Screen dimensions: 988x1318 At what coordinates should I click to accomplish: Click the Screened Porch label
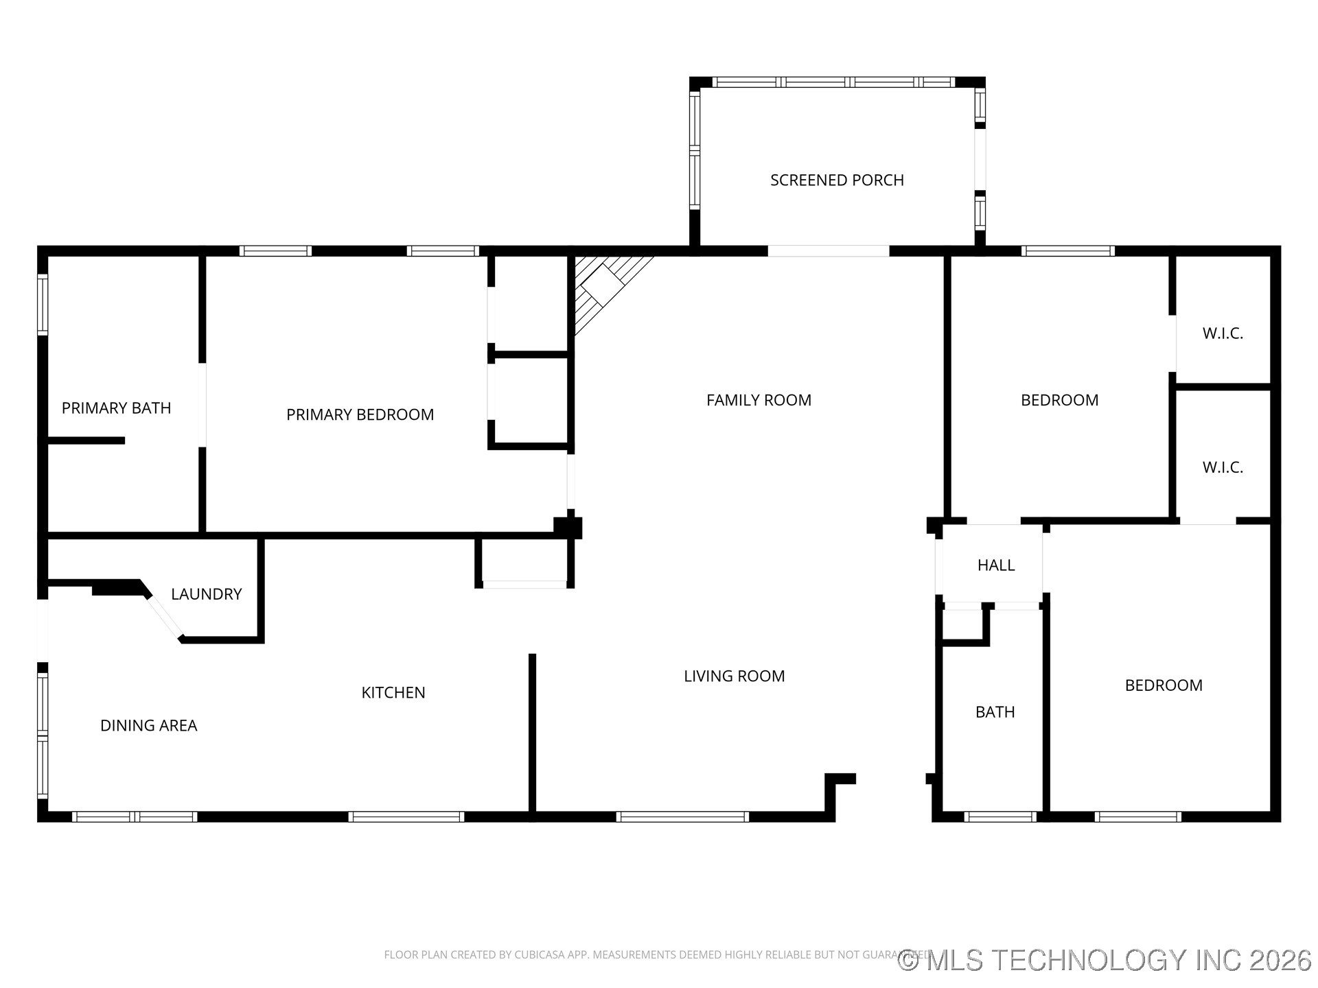(x=837, y=180)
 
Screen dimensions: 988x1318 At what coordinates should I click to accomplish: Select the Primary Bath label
(x=116, y=408)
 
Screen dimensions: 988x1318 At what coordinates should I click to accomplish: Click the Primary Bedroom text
(x=360, y=414)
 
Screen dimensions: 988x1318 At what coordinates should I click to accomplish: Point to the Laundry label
(x=206, y=594)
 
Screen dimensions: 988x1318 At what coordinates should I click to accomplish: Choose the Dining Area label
(x=148, y=725)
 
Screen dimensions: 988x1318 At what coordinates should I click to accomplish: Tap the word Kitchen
(x=393, y=692)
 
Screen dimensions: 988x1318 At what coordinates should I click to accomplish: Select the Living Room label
(x=734, y=676)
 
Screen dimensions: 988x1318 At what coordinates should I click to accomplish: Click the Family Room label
(x=759, y=400)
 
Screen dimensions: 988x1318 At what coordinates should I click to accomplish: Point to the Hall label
(x=995, y=565)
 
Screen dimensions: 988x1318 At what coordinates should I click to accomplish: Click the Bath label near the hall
(x=995, y=712)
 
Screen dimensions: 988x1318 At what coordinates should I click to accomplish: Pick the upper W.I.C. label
(x=1223, y=333)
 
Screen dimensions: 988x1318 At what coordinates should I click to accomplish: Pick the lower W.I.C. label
(x=1223, y=467)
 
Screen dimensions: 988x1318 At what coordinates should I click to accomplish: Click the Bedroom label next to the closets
(x=1059, y=400)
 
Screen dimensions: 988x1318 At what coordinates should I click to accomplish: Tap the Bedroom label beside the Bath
(x=1163, y=685)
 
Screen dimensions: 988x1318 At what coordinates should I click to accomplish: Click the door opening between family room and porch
(x=828, y=251)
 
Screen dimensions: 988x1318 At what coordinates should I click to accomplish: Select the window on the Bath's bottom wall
(x=999, y=816)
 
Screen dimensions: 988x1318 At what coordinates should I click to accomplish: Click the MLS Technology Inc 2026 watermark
(x=1105, y=960)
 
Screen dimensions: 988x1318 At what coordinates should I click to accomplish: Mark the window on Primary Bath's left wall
(x=43, y=305)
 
